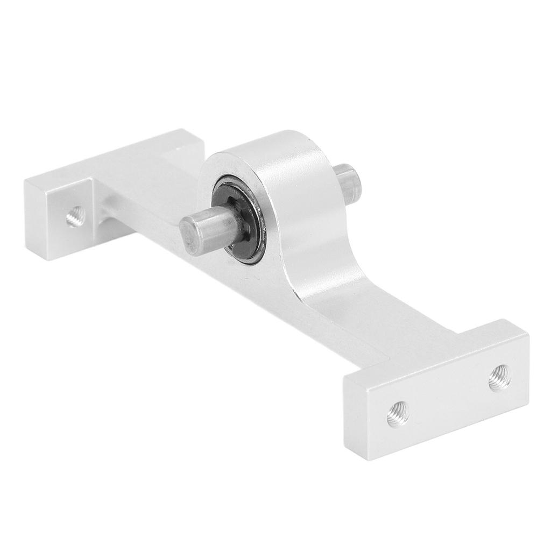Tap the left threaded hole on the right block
pyautogui.click(x=398, y=414)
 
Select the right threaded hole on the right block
pyautogui.click(x=499, y=378)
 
